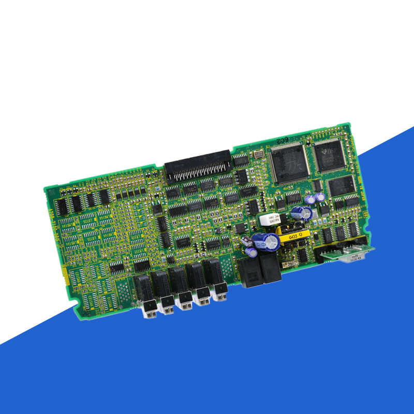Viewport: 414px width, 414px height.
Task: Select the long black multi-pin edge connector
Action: [197, 165]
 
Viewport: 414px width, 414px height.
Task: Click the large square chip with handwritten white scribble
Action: [290, 162]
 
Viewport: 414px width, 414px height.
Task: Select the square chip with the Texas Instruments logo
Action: [330, 155]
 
